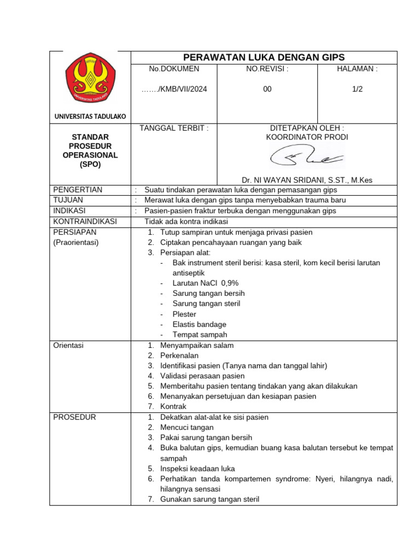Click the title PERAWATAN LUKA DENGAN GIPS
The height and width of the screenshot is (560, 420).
pos(264,57)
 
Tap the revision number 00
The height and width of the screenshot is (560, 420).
pos(267,89)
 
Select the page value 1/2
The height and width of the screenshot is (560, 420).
pos(358,89)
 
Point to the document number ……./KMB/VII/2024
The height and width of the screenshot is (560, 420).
pos(174,89)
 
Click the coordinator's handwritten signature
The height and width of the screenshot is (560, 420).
pos(306,158)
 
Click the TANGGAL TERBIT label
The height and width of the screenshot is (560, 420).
pos(174,128)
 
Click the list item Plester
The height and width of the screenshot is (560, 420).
pos(184,314)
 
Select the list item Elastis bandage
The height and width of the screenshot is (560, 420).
pos(199,324)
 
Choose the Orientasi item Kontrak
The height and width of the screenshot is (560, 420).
pos(173,406)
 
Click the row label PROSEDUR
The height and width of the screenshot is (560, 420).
pos(74,417)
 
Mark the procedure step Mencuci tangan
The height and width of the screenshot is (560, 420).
pos(187,427)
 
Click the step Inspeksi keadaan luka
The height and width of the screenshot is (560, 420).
pos(197,469)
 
